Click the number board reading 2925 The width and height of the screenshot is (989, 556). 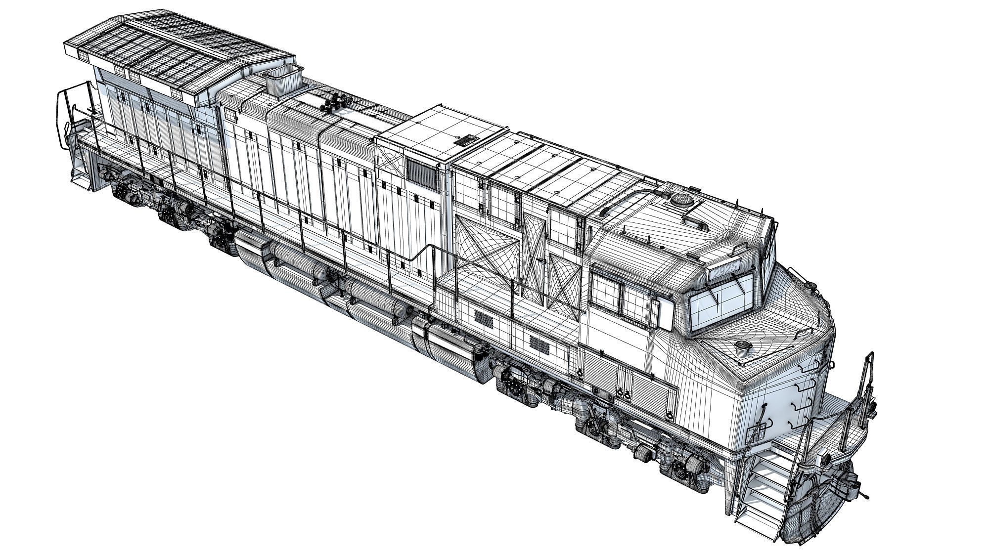(725, 269)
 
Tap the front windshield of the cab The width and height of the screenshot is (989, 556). (722, 301)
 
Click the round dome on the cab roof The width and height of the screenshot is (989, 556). (682, 200)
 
